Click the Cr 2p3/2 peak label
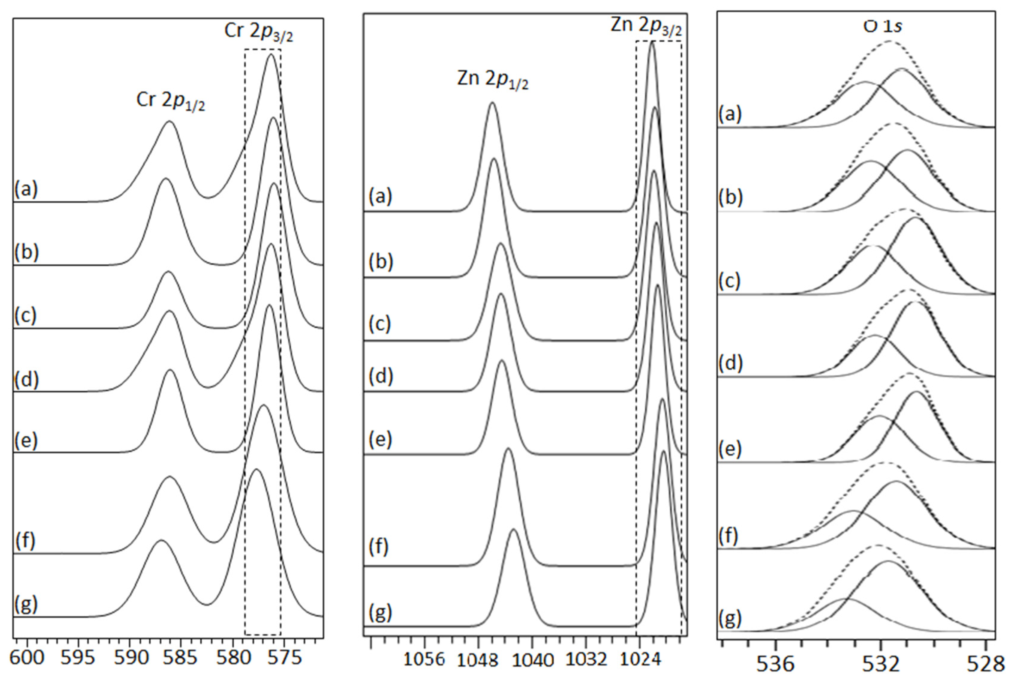tap(259, 32)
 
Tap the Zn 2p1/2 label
tap(493, 80)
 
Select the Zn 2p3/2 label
tap(646, 26)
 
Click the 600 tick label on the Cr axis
tap(27, 658)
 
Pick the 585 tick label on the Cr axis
tap(183, 658)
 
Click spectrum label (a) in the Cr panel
tap(26, 189)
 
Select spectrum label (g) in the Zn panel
tap(380, 612)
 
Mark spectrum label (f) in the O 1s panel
tap(728, 536)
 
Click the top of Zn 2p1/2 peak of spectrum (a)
tap(492, 103)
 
